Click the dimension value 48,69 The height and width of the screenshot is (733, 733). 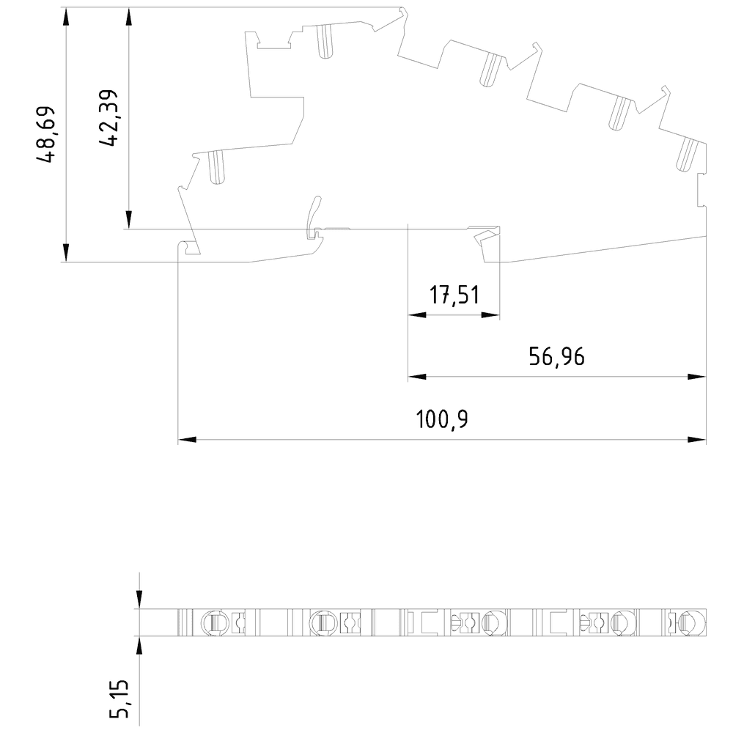pos(45,135)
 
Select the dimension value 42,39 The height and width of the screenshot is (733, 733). pos(108,118)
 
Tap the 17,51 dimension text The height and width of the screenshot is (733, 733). pos(454,295)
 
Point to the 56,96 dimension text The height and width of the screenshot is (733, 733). pos(557,357)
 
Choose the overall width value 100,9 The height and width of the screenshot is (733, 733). pos(442,419)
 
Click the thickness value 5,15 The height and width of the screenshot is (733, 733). pos(119,699)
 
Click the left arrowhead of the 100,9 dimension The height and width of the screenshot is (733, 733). pos(187,439)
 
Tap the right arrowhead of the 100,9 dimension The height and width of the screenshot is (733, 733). pos(697,439)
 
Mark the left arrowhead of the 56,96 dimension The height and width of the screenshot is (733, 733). pos(417,376)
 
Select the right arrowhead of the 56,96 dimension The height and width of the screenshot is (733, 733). pos(697,376)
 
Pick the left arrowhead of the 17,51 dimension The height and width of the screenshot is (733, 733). pos(417,315)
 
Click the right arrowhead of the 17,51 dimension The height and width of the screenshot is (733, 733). pos(490,315)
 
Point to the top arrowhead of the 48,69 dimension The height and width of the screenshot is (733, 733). pos(66,17)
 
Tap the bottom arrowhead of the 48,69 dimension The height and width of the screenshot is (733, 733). pos(66,253)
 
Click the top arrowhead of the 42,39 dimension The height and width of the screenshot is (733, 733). pos(129,17)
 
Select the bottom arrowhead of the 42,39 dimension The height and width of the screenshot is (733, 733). pos(129,220)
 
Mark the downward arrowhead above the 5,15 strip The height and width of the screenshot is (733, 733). pos(139,600)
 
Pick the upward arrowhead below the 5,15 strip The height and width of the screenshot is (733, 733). pos(139,645)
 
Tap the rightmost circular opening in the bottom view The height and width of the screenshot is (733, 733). pos(693,622)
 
